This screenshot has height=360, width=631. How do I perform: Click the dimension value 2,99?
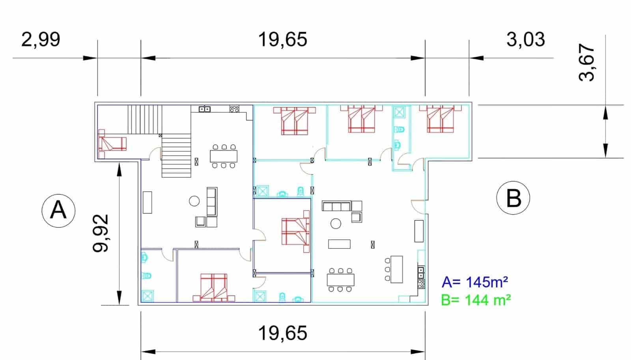coord(41,39)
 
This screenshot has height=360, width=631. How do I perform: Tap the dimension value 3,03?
coord(526,39)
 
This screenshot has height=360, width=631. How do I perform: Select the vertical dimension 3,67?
coord(586,62)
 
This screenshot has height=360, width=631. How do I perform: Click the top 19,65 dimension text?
coord(282,40)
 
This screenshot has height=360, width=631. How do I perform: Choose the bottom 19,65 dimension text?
coord(282,333)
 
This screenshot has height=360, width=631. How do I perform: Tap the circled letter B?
coord(513,198)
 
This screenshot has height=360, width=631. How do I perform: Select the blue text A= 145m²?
coord(475,282)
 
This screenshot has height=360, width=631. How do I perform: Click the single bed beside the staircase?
coord(112,144)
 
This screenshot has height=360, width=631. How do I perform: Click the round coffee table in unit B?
coord(336,224)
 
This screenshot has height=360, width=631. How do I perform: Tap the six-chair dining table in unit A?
coord(224,156)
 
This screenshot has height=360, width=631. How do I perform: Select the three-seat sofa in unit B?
coord(336,206)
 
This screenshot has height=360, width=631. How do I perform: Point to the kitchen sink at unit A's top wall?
coord(204,109)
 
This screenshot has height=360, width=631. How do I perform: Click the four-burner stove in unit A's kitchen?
coord(234,108)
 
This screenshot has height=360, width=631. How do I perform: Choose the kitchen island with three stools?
coord(396,269)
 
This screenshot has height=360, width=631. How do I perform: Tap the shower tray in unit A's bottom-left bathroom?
coord(147,296)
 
